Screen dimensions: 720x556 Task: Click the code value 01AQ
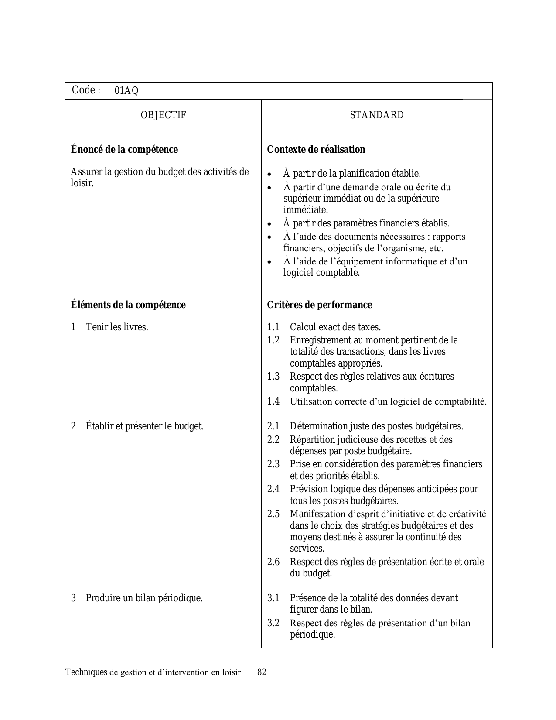[x=126, y=91]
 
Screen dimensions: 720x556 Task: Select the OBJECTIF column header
[x=164, y=115]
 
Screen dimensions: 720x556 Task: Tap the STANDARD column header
[x=377, y=115]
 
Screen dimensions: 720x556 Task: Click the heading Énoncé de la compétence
[x=124, y=150]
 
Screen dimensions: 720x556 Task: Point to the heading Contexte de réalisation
[x=316, y=150]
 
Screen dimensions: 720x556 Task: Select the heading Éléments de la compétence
[x=128, y=305]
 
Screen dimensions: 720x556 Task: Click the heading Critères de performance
[x=320, y=305]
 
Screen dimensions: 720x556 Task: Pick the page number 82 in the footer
[x=262, y=672]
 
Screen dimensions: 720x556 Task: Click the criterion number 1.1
[x=273, y=327]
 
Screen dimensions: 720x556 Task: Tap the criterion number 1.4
[x=273, y=401]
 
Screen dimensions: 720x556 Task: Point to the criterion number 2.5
[x=273, y=514]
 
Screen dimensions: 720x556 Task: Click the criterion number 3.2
[x=273, y=623]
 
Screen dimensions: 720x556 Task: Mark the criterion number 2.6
[x=273, y=562]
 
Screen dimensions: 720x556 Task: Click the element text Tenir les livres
[x=117, y=327]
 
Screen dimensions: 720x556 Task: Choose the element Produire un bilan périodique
[x=144, y=598]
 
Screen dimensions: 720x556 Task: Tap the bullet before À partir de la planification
[x=271, y=174]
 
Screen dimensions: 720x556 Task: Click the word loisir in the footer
[x=230, y=672]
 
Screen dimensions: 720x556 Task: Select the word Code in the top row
[x=83, y=90]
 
